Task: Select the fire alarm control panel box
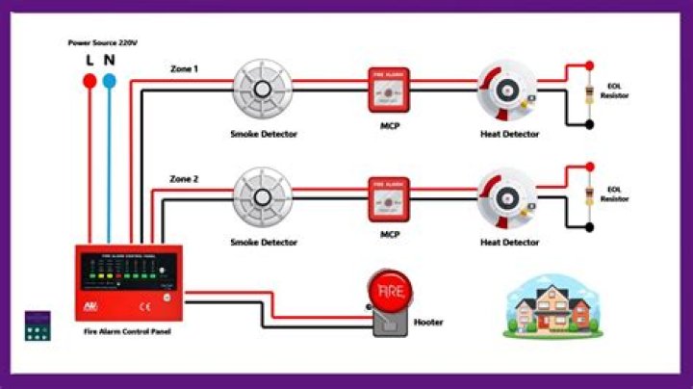[x=128, y=282]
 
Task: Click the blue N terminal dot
[x=111, y=83]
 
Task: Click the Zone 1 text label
[x=184, y=69]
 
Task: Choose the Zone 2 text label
[x=184, y=179]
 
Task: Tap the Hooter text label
[x=428, y=323]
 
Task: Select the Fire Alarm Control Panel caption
[x=128, y=332]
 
